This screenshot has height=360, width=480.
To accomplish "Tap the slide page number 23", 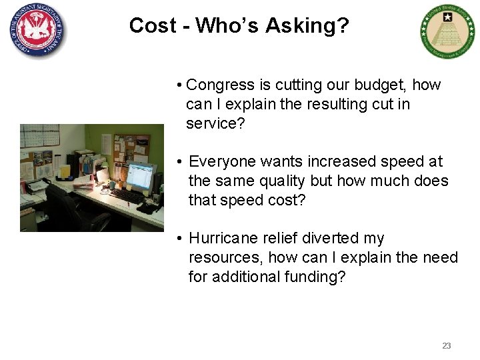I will [x=447, y=345].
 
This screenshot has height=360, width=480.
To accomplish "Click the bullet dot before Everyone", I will [x=180, y=162].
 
